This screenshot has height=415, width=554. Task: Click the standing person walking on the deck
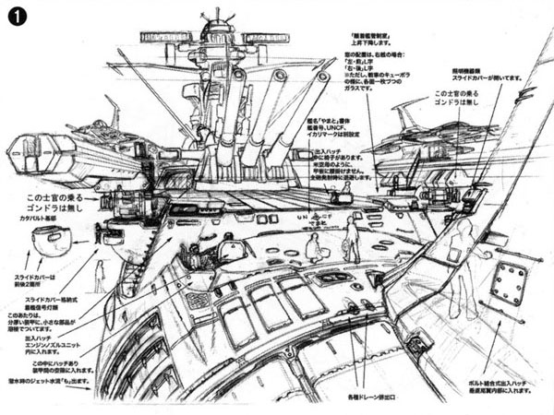[x=351, y=238]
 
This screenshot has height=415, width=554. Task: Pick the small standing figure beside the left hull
[x=100, y=276]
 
